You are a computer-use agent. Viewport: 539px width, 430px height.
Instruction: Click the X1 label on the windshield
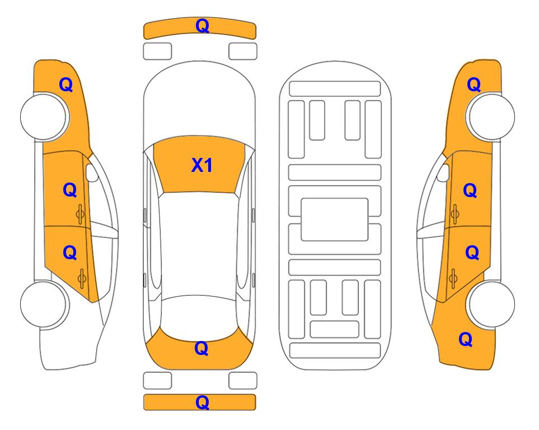click(202, 165)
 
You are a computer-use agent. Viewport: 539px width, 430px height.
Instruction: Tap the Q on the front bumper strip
click(202, 26)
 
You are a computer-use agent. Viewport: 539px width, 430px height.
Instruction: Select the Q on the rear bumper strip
click(202, 402)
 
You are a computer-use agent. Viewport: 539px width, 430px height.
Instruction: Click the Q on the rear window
click(201, 348)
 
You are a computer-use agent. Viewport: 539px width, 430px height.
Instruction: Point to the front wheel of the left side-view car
click(45, 116)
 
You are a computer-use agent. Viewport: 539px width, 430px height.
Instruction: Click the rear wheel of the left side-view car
click(44, 304)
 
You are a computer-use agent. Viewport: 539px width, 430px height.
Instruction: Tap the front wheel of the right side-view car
click(490, 116)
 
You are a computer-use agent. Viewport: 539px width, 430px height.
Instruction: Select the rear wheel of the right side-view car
click(491, 304)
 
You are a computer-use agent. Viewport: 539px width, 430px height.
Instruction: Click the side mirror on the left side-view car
click(91, 172)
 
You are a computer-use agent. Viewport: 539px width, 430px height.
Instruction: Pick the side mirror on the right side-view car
click(443, 172)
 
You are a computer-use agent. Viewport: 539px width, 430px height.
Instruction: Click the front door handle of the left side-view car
click(80, 214)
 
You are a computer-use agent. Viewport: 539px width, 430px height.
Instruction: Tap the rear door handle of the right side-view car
click(453, 278)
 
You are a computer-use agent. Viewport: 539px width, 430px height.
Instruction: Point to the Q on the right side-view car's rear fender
click(466, 339)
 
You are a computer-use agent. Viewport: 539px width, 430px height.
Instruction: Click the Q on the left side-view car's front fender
click(66, 85)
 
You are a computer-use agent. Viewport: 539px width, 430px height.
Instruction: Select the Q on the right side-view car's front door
click(470, 190)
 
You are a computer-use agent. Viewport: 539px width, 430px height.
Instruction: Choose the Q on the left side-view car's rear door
click(70, 253)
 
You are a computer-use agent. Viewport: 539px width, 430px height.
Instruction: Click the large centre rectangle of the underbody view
click(335, 219)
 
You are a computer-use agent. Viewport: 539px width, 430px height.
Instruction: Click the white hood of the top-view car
click(199, 100)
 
